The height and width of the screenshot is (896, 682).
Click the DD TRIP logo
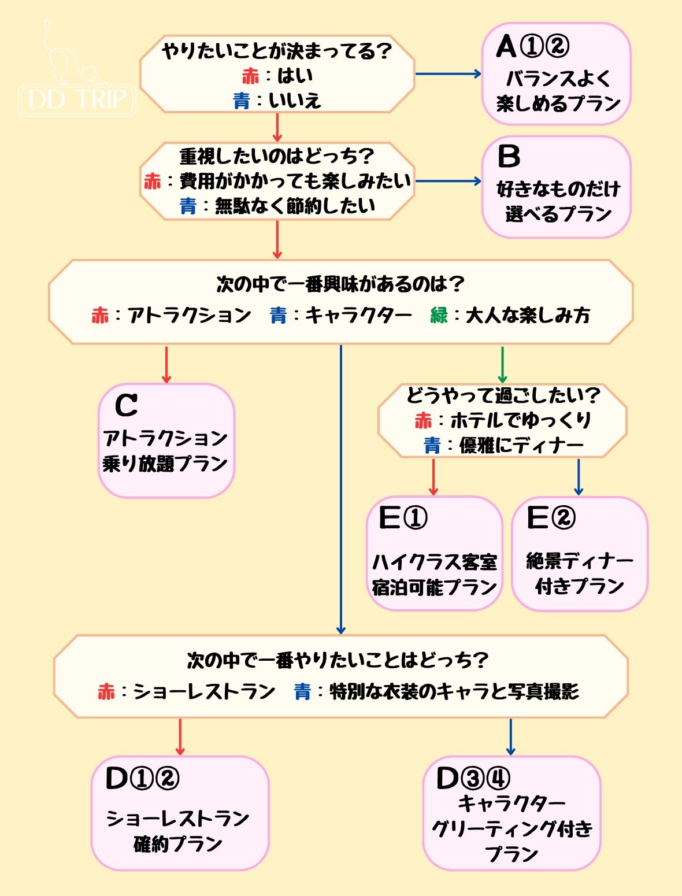[77, 87]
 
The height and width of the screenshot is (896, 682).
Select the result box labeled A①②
[556, 74]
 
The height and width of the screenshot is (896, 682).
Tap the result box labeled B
[556, 187]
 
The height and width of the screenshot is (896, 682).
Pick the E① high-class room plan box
[434, 553]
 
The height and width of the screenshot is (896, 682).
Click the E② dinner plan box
[579, 553]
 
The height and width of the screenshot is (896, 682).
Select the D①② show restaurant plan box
[180, 813]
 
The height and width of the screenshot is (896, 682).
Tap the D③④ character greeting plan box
[511, 813]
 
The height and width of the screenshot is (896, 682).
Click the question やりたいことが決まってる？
[277, 51]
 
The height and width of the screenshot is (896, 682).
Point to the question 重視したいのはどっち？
[277, 156]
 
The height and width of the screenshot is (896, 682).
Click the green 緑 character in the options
[439, 316]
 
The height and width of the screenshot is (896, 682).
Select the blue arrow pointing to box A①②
[448, 74]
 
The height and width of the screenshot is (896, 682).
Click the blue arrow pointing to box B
[448, 182]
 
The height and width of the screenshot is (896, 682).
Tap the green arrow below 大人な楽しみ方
[502, 364]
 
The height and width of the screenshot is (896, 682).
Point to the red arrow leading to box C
[166, 364]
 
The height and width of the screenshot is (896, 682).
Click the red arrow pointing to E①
[433, 477]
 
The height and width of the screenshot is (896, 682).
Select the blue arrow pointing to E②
[579, 477]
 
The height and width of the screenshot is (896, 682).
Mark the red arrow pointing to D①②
[180, 737]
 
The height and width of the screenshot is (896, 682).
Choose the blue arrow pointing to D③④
[510, 737]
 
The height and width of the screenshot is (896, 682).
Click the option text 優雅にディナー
[521, 446]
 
